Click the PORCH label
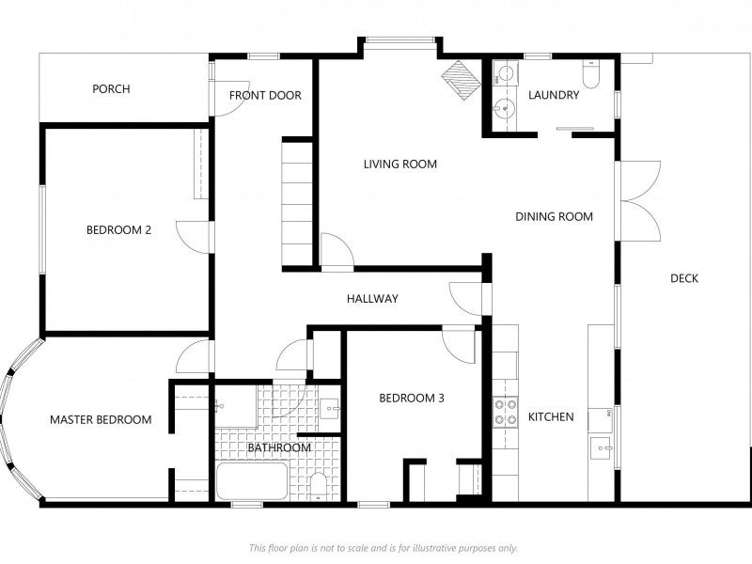[x=111, y=88]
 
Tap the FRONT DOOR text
[x=265, y=96]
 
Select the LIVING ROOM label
[x=400, y=164]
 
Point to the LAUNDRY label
[x=554, y=95]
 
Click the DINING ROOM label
[x=554, y=217]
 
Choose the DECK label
[x=684, y=278]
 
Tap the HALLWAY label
[x=372, y=299]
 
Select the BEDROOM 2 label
[x=118, y=229]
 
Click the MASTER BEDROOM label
[x=101, y=419]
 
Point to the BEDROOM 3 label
[x=412, y=398]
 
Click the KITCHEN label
[x=551, y=416]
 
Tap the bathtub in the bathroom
[x=252, y=481]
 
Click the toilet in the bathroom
[x=318, y=486]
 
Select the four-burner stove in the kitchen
[x=506, y=412]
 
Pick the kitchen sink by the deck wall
[x=602, y=448]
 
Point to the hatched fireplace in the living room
[x=461, y=81]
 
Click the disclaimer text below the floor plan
[x=384, y=548]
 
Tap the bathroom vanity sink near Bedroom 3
[x=330, y=409]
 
